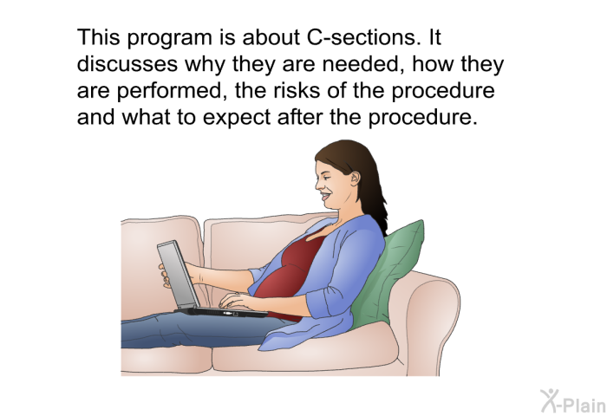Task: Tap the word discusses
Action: tap(127, 64)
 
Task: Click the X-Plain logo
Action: tap(573, 401)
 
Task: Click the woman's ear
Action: tap(354, 178)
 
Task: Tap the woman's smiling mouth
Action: tap(325, 197)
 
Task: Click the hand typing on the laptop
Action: tap(237, 301)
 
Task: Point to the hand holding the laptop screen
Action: tap(164, 275)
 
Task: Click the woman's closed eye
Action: tap(326, 177)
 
